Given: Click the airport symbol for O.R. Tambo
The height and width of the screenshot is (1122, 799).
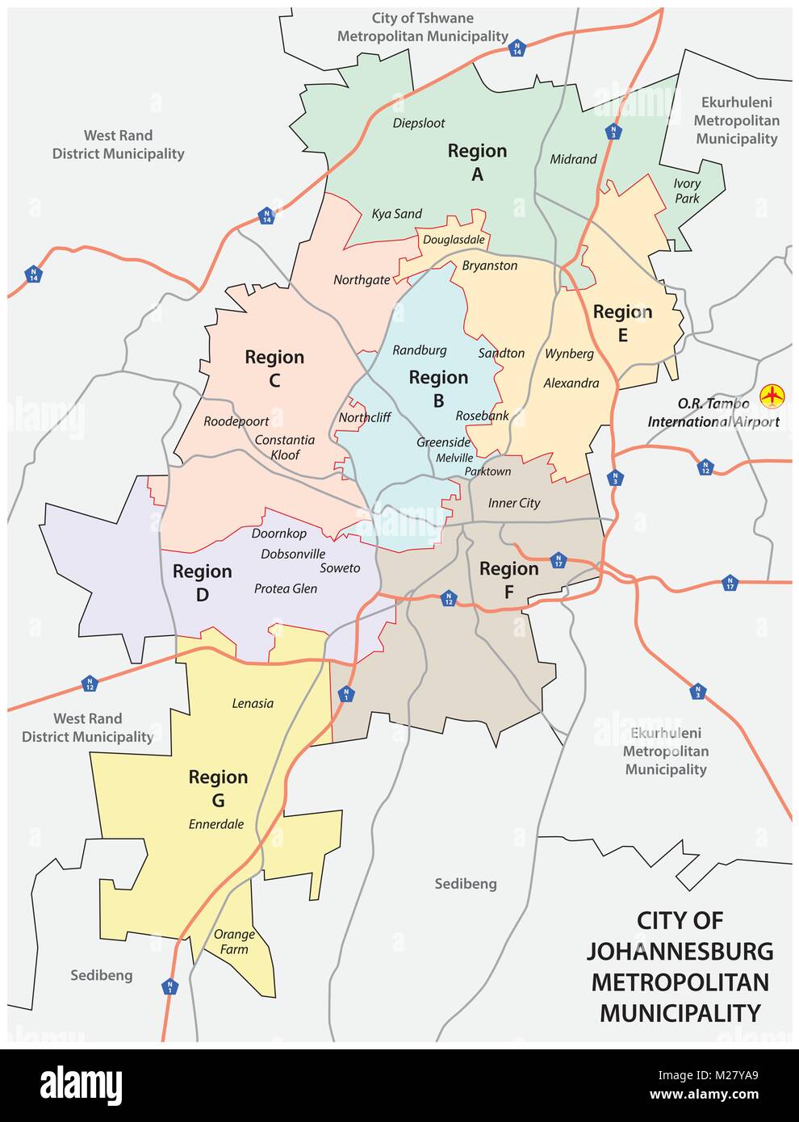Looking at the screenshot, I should pyautogui.click(x=772, y=396).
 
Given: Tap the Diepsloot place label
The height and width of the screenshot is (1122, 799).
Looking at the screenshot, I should pyautogui.click(x=419, y=124).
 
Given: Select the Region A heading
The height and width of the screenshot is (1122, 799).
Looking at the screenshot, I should pyautogui.click(x=477, y=161).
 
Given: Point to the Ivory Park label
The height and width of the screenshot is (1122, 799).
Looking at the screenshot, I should pyautogui.click(x=687, y=191).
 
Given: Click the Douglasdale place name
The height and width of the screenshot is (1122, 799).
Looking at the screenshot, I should pyautogui.click(x=454, y=240).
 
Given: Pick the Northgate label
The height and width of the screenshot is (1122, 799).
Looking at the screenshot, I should pyautogui.click(x=362, y=280).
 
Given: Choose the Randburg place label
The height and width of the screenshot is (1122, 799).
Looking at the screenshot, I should pyautogui.click(x=419, y=350).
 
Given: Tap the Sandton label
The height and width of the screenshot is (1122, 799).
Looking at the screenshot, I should pyautogui.click(x=501, y=354).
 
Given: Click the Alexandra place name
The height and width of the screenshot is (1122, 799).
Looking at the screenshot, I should pyautogui.click(x=571, y=383).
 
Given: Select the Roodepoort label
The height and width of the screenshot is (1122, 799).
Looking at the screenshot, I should pyautogui.click(x=236, y=421).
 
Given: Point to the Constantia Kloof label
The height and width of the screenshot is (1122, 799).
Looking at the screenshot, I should pyautogui.click(x=285, y=447).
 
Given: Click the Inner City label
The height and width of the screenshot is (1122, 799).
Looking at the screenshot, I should pyautogui.click(x=514, y=503).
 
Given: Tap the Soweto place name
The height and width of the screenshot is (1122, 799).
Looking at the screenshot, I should pyautogui.click(x=340, y=568).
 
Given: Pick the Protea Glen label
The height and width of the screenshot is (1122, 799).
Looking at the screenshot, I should pyautogui.click(x=286, y=588).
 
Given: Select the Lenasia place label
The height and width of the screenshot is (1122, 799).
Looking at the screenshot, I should pyautogui.click(x=253, y=703).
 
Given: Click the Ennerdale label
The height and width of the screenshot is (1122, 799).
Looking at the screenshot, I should pyautogui.click(x=216, y=824).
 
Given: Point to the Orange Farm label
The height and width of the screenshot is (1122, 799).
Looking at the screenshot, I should pyautogui.click(x=234, y=941).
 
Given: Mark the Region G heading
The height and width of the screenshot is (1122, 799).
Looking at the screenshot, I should pyautogui.click(x=218, y=788).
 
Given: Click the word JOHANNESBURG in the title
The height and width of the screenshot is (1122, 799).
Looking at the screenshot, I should pyautogui.click(x=680, y=951).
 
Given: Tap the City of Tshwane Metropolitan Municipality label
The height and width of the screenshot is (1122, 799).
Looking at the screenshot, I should pyautogui.click(x=422, y=27).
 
